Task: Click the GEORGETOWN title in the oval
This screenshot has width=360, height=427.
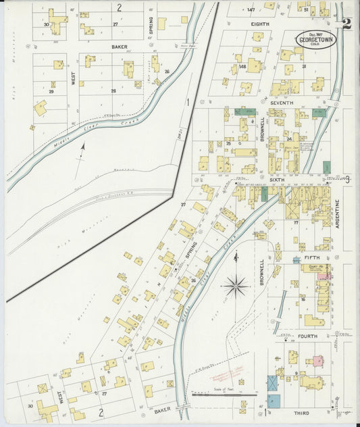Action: [317, 41]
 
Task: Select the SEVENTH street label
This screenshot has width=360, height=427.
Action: [282, 102]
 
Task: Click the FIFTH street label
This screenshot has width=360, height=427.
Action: [312, 257]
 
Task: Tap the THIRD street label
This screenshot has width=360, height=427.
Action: [301, 411]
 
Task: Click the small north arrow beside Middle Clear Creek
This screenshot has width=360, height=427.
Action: [83, 149]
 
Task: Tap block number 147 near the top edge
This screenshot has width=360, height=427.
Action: [251, 9]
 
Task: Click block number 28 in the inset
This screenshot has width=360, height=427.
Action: [113, 90]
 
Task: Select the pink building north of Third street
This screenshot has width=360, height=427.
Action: [315, 361]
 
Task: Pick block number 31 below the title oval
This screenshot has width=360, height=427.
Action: [304, 66]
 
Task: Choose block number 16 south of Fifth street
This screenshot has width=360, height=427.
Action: [303, 298]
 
